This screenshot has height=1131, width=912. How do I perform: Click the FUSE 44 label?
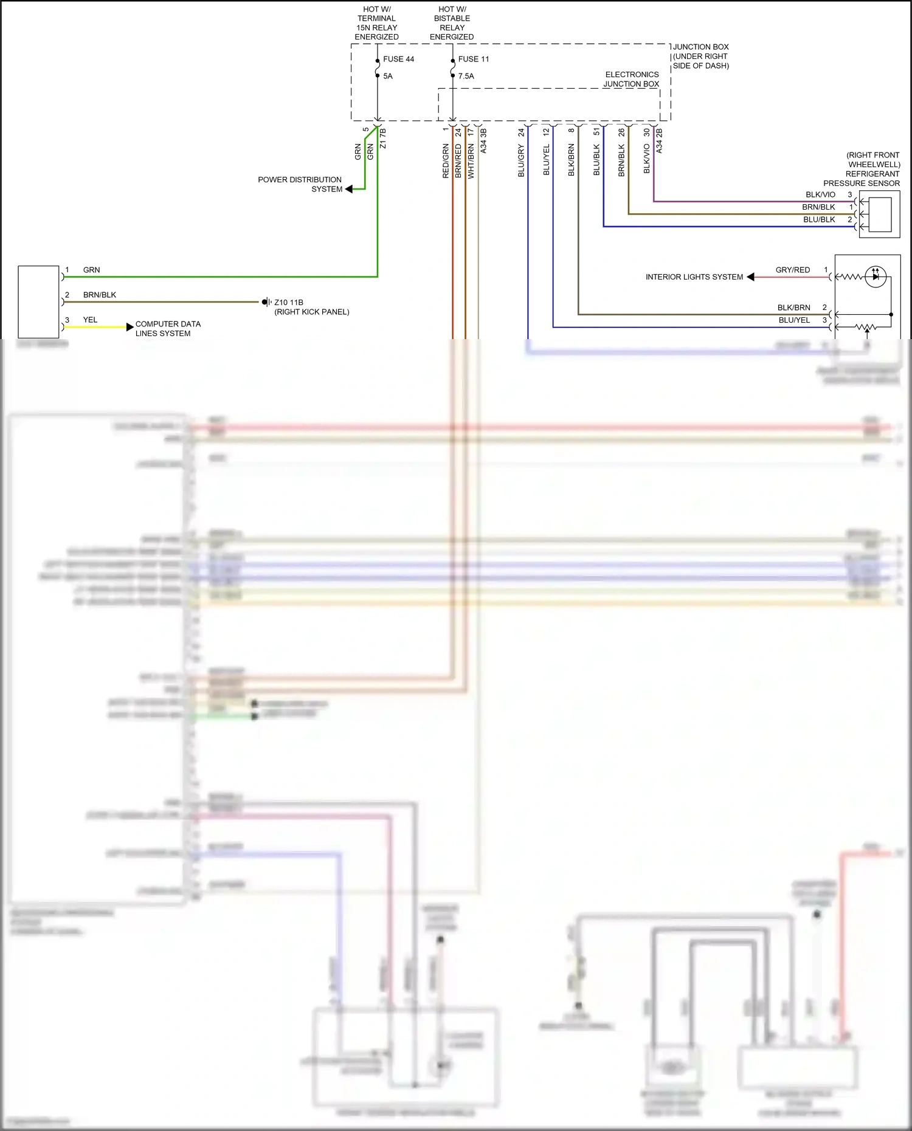pyautogui.click(x=398, y=59)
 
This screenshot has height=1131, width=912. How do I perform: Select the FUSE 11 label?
pyautogui.click(x=473, y=59)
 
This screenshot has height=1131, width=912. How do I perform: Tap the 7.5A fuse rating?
pyautogui.click(x=466, y=76)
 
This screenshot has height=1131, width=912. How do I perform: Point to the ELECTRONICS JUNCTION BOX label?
pyautogui.click(x=631, y=79)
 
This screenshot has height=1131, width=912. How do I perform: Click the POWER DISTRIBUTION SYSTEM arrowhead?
pyautogui.click(x=349, y=189)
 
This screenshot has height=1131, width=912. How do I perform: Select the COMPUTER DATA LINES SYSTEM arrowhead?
pyautogui.click(x=130, y=327)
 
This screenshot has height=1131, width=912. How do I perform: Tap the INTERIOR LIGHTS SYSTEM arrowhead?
pyautogui.click(x=751, y=277)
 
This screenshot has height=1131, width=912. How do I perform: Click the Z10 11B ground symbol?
pyautogui.click(x=266, y=302)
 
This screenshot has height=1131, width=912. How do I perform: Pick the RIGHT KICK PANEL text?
pyautogui.click(x=312, y=312)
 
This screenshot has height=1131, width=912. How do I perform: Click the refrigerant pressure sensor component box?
pyautogui.click(x=879, y=214)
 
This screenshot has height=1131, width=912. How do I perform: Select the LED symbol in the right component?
pyautogui.click(x=876, y=277)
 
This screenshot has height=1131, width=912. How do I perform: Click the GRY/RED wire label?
pyautogui.click(x=792, y=270)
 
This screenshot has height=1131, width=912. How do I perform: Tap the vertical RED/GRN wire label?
pyautogui.click(x=446, y=161)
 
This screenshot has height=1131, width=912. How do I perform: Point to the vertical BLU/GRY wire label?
pyautogui.click(x=521, y=161)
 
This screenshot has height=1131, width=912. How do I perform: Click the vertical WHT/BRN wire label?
pyautogui.click(x=471, y=161)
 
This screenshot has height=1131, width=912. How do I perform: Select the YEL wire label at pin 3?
pyautogui.click(x=90, y=320)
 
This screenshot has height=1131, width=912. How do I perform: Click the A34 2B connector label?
pyautogui.click(x=659, y=140)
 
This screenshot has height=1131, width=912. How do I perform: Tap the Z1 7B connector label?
pyautogui.click(x=382, y=138)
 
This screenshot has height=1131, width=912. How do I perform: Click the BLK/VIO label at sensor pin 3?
pyautogui.click(x=820, y=194)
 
